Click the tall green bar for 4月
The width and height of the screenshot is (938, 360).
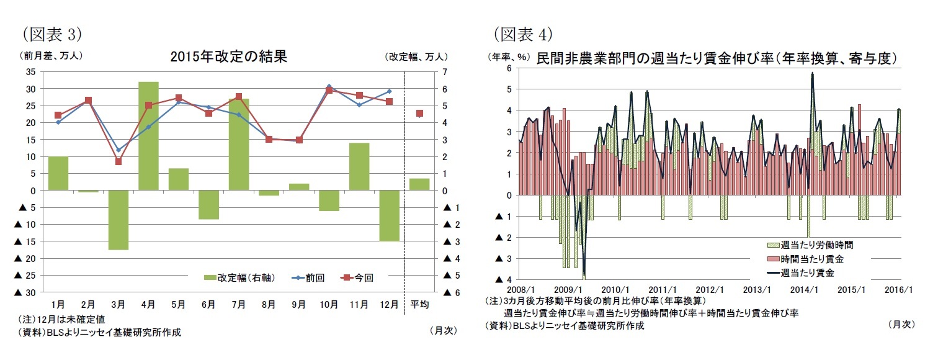click(x=148, y=135)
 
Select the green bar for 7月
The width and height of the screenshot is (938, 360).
click(x=239, y=144)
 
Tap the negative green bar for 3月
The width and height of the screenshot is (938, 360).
click(x=118, y=220)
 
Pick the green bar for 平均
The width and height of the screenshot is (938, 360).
click(x=419, y=184)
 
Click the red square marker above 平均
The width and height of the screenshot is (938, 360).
click(x=419, y=114)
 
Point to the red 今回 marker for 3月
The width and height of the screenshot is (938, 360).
click(x=118, y=161)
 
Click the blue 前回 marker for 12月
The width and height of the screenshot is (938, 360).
click(x=390, y=91)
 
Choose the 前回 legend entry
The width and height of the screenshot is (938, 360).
click(x=308, y=277)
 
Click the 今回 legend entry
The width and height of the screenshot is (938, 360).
click(x=357, y=277)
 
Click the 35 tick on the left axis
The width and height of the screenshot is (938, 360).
click(x=30, y=72)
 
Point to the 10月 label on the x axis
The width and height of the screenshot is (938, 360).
click(x=329, y=304)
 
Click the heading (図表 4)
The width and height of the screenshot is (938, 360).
click(x=522, y=32)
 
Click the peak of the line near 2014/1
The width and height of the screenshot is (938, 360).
click(x=812, y=74)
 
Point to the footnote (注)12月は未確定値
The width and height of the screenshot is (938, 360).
click(x=62, y=319)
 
